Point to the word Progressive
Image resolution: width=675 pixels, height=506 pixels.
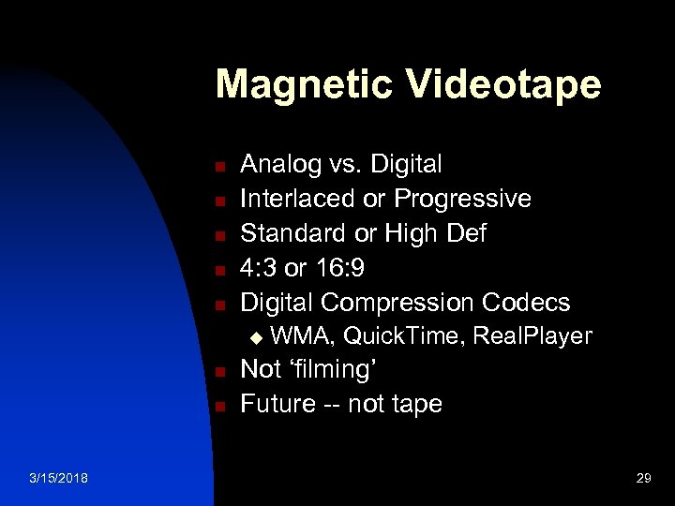[462, 199]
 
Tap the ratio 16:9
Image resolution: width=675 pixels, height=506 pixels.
[338, 268]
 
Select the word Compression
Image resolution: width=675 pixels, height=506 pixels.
[398, 303]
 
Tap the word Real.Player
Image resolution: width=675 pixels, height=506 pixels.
[533, 336]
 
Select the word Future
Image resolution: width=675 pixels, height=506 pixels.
[277, 404]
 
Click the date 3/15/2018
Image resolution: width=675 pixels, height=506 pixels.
[58, 479]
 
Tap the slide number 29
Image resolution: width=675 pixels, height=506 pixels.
[643, 479]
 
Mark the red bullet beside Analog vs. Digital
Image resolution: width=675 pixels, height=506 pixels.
[217, 167]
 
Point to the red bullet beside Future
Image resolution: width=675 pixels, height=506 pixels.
[217, 406]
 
